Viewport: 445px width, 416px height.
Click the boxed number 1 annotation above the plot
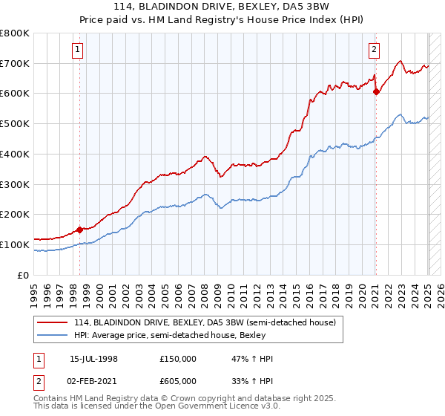click(x=78, y=51)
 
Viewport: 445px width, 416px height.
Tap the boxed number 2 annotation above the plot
click(x=373, y=51)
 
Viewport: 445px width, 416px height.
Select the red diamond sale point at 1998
click(x=79, y=230)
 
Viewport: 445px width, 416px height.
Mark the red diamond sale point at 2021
click(x=376, y=92)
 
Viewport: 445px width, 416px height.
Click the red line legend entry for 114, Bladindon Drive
click(x=205, y=323)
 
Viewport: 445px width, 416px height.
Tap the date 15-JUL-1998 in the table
click(x=93, y=359)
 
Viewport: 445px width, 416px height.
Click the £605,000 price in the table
click(x=178, y=381)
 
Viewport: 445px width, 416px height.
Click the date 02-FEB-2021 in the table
click(x=93, y=381)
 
